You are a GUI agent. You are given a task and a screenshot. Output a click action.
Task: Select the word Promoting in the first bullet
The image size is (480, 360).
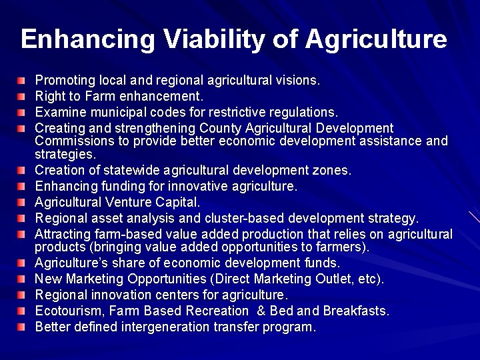pyautogui.click(x=62, y=81)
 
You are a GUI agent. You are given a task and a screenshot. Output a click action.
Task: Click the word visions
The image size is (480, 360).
pyautogui.click(x=300, y=81)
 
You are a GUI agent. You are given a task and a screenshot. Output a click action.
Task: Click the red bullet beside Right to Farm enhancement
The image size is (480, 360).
pyautogui.click(x=23, y=96)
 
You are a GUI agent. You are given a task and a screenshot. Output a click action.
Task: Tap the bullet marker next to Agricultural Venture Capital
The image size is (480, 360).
pyautogui.click(x=23, y=202)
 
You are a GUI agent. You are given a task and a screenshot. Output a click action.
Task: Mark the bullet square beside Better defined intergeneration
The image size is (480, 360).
pyautogui.click(x=23, y=327)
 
